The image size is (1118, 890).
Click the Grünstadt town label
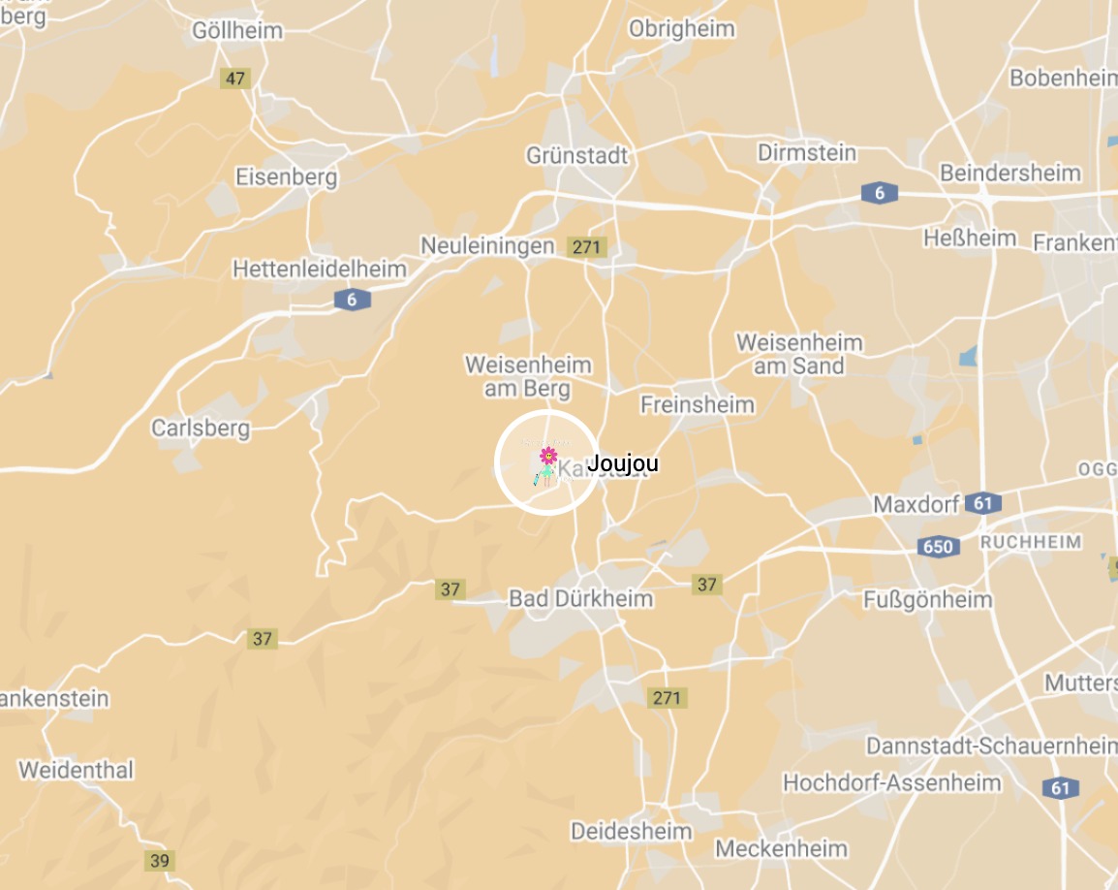click(577, 155)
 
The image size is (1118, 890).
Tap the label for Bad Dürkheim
click(581, 599)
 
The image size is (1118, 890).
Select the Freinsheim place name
click(698, 404)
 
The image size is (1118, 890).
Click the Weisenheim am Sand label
click(799, 354)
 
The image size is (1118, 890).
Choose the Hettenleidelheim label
click(320, 269)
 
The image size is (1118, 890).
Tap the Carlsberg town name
click(201, 428)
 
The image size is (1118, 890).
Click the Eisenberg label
click(287, 177)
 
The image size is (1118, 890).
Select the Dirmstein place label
click(807, 153)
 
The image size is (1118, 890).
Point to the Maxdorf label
click(916, 504)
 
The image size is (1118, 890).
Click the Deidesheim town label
click(632, 831)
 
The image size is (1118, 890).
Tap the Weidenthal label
click(77, 771)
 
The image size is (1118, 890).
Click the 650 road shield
click(939, 547)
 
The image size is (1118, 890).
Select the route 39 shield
click(160, 860)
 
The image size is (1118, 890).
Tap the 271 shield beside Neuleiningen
click(587, 247)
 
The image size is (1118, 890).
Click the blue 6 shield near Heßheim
click(879, 193)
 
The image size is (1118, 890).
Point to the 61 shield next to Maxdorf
click(983, 503)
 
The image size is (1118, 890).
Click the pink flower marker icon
click(548, 455)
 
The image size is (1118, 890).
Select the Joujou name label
click(623, 463)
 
